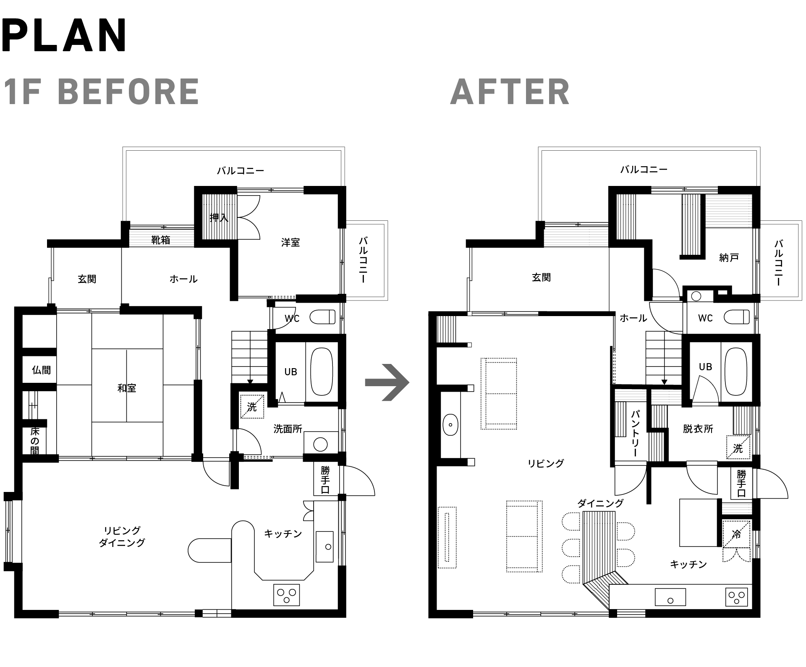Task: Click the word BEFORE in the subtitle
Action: [x=128, y=92]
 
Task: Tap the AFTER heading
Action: [x=510, y=92]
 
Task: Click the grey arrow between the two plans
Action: [x=387, y=382]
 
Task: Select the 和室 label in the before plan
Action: [x=127, y=388]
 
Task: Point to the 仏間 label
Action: [x=41, y=370]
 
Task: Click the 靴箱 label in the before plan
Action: [x=161, y=240]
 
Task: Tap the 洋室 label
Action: [x=290, y=242]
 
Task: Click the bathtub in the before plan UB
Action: [x=322, y=371]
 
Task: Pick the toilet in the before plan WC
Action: [x=322, y=317]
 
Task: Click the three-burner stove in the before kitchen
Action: [x=287, y=595]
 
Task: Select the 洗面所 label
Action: [x=288, y=429]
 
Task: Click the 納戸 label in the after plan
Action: [x=729, y=257]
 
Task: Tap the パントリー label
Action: [x=635, y=433]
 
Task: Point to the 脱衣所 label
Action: [x=698, y=429]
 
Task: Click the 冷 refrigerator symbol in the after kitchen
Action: [x=736, y=534]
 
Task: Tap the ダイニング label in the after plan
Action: [x=600, y=503]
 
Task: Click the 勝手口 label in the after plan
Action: [x=741, y=483]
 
